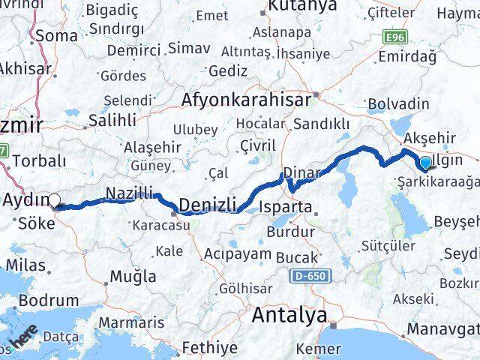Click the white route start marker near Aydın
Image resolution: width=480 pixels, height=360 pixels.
coord(55,199)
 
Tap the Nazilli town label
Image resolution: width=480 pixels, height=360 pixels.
coord(129,191)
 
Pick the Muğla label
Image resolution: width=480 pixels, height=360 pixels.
coord(133,277)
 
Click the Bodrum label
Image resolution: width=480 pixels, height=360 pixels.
coord(47,301)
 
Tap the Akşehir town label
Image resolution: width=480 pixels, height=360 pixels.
coord(430,137)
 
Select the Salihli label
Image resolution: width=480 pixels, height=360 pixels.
coord(112,120)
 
